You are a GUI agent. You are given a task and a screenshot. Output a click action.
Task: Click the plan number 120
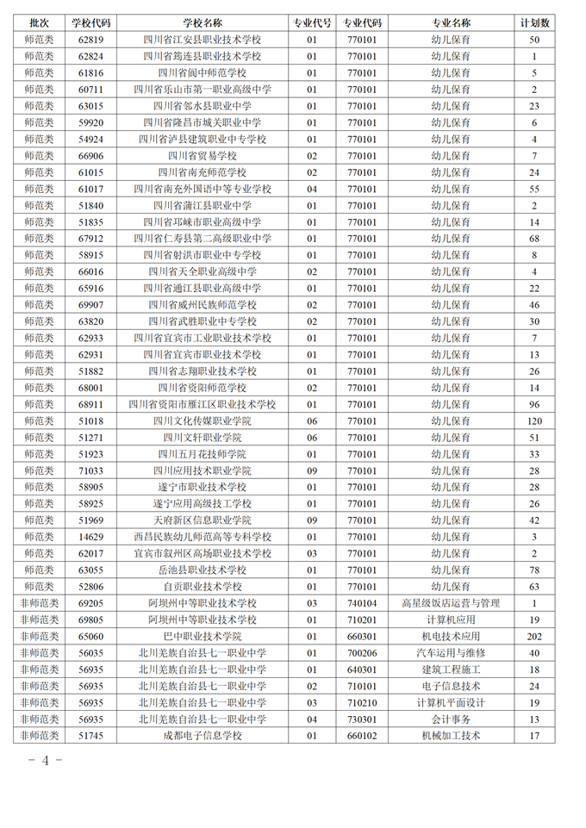tap(534, 420)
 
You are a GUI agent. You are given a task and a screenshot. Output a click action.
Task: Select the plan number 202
tap(534, 636)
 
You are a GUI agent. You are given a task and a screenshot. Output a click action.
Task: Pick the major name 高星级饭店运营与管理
tap(450, 603)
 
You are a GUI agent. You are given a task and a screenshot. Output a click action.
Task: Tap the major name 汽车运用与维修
tap(450, 653)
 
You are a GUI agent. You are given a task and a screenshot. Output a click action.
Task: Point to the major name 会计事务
tap(450, 719)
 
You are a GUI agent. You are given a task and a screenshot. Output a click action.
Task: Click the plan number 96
tap(534, 404)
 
